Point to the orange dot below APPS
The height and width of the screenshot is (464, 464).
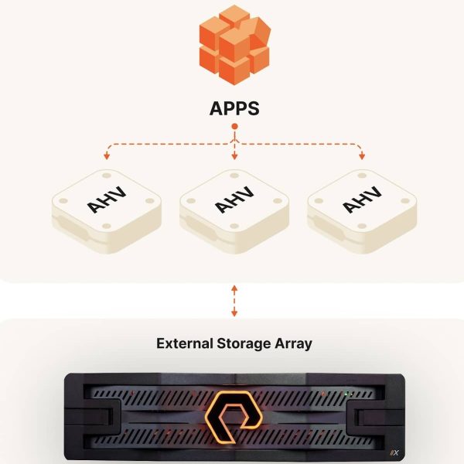[x=234, y=126]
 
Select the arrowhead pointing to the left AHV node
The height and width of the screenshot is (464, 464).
[x=106, y=159]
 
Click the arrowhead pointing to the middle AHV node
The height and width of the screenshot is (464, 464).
[x=234, y=159]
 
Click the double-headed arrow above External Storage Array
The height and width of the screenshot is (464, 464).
[x=234, y=300]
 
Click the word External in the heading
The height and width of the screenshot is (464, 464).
[x=184, y=343]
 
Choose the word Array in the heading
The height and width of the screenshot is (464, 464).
[x=292, y=343]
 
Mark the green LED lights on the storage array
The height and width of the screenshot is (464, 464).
[x=350, y=394]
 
